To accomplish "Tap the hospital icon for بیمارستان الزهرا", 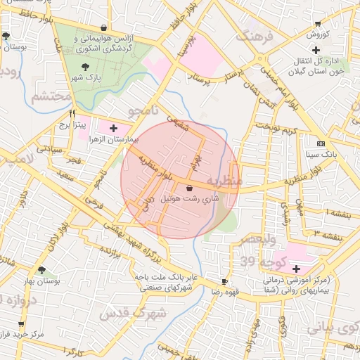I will pos(113,128).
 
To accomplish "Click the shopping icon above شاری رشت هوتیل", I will pos(191,188).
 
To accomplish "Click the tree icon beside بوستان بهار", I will pos(41,270).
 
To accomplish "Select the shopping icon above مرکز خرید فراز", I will pos(21,324).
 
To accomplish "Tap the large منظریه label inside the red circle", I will pos(226,182).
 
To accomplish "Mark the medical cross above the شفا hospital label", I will pos(296,269).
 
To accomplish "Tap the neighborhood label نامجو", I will pos(145,111).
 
